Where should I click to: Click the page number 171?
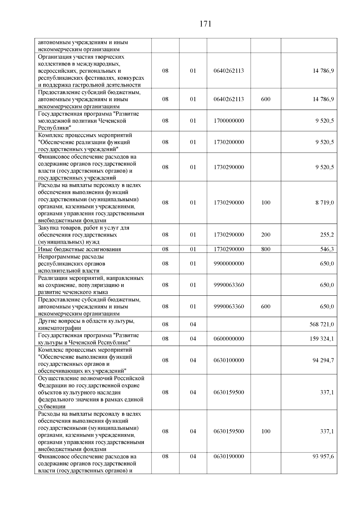pos(205,24)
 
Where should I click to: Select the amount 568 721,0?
pos(322,324)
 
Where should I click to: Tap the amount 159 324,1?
pos(322,339)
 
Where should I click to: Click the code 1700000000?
pos(229,121)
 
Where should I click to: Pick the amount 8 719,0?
pos(325,203)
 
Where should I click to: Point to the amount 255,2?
pos(327,235)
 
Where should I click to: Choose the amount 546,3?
pos(327,249)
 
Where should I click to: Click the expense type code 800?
pos(266,249)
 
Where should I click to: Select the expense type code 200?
pos(266,235)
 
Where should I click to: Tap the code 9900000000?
pos(229,264)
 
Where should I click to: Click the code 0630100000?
pos(229,360)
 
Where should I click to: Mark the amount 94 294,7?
pos(323,360)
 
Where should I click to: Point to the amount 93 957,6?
pos(323,456)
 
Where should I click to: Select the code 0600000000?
pos(229,339)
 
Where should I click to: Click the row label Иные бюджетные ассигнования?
pos(79,249)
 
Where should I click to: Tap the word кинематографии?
pos(60,328)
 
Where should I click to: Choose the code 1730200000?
pos(229,142)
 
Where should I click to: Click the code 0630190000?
pos(229,456)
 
